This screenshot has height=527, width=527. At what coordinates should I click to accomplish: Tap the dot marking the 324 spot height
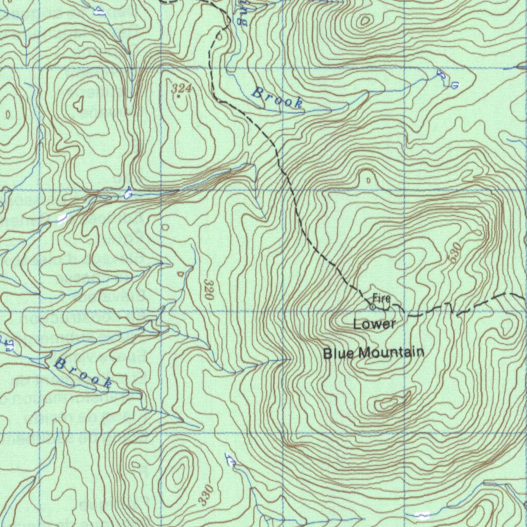[x=178, y=96]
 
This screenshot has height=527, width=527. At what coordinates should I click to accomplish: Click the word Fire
[x=381, y=298]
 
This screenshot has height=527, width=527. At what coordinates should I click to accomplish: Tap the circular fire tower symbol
[x=373, y=307]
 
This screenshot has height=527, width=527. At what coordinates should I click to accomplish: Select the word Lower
[x=375, y=324]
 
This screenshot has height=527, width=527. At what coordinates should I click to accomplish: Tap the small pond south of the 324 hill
[x=128, y=193]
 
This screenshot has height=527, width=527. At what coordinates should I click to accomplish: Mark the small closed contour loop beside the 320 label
[x=181, y=273]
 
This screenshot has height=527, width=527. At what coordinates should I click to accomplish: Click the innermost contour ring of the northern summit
[x=365, y=21]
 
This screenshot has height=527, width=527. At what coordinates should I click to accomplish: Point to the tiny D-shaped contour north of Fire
[x=368, y=180]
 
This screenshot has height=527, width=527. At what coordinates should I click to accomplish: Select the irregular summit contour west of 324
[x=78, y=105]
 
